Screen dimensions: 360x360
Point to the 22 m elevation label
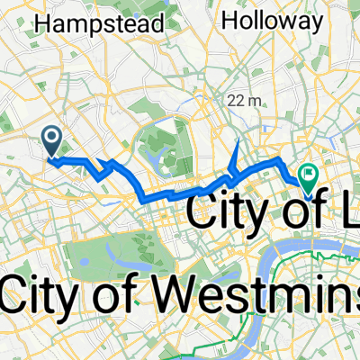[244, 100]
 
